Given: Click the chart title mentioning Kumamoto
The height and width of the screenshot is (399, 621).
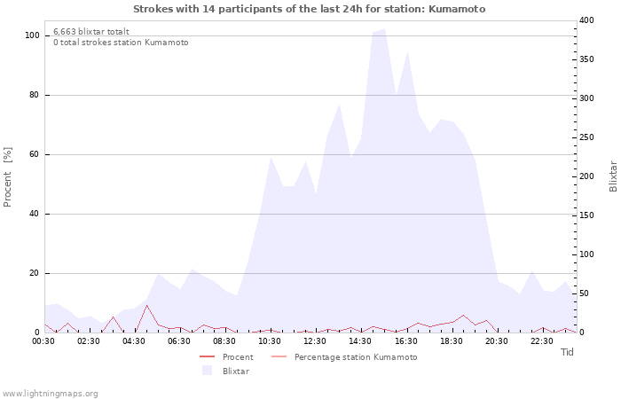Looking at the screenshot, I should (310, 9).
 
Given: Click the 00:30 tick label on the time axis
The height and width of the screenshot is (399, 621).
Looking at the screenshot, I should (44, 340).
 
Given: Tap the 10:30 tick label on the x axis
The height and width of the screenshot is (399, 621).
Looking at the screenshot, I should (271, 340).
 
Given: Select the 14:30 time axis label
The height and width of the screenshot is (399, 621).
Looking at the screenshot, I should (361, 340).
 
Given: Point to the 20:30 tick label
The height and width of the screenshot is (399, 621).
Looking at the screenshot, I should (497, 340).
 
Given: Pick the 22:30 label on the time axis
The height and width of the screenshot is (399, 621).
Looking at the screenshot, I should (542, 340).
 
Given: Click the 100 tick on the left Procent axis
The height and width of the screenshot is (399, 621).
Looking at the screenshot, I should (32, 35).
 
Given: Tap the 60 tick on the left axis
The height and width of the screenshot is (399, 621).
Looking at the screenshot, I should (35, 154).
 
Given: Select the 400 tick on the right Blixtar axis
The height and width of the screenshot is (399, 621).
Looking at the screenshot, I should (585, 20).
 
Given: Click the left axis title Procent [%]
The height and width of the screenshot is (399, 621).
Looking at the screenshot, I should (8, 177).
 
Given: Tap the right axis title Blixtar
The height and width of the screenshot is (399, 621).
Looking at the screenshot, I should (612, 176).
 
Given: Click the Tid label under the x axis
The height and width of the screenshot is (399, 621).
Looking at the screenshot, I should (568, 352).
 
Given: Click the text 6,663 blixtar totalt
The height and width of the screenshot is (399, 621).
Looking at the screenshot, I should (91, 31).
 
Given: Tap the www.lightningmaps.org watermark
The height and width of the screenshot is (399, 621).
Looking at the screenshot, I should (50, 393).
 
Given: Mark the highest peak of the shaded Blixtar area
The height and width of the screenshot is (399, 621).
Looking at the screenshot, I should (383, 29).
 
